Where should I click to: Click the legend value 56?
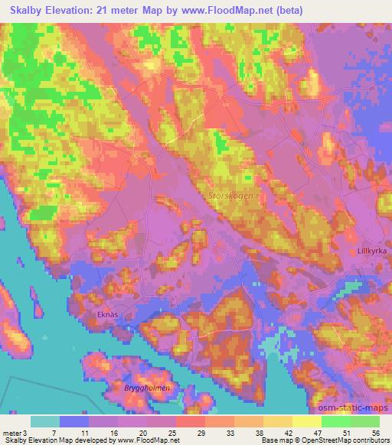coord(374,432)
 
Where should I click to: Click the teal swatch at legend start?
coord(45,421)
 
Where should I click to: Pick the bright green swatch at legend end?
coord(365,421)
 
